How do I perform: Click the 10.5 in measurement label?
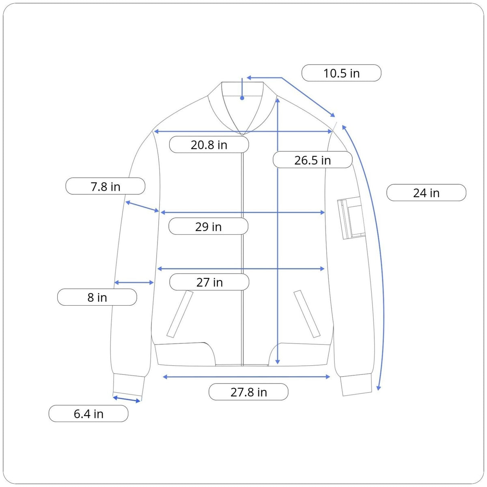(341, 73)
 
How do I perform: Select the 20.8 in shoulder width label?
(209, 144)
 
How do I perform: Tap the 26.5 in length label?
(312, 160)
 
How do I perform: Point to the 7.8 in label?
(105, 186)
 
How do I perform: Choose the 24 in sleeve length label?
(426, 193)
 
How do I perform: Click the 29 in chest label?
(208, 226)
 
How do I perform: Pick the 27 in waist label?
(209, 282)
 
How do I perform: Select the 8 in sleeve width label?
(97, 297)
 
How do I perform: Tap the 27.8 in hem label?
(248, 392)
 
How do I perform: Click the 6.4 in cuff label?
(88, 414)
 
